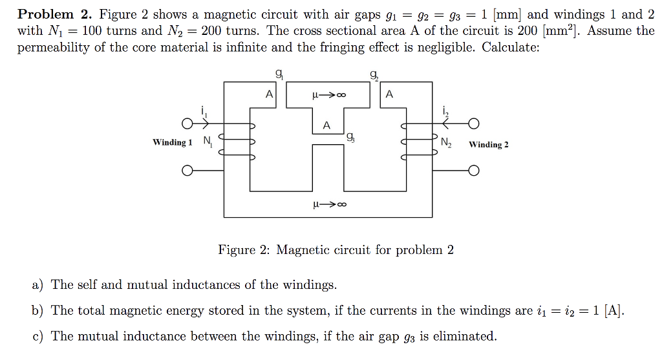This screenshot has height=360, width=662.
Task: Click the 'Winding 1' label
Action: tap(172, 142)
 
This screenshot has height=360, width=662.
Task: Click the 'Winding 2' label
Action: tap(489, 144)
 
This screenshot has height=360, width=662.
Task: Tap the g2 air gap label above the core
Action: tap(374, 75)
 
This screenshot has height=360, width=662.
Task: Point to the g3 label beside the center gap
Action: tap(350, 137)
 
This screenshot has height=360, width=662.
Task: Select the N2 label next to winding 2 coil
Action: tap(447, 143)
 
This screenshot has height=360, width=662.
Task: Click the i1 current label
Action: tap(204, 111)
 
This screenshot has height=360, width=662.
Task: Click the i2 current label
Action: tap(445, 111)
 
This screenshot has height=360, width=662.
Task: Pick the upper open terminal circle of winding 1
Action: tap(187, 123)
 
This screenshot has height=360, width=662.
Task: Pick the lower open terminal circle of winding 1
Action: tap(187, 171)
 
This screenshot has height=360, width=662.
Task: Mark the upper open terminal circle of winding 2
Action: tap(474, 123)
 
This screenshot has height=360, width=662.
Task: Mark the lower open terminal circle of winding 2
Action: tap(474, 171)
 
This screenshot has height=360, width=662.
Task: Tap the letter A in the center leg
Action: tap(326, 125)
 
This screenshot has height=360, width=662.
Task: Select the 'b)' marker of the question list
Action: tap(37, 311)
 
